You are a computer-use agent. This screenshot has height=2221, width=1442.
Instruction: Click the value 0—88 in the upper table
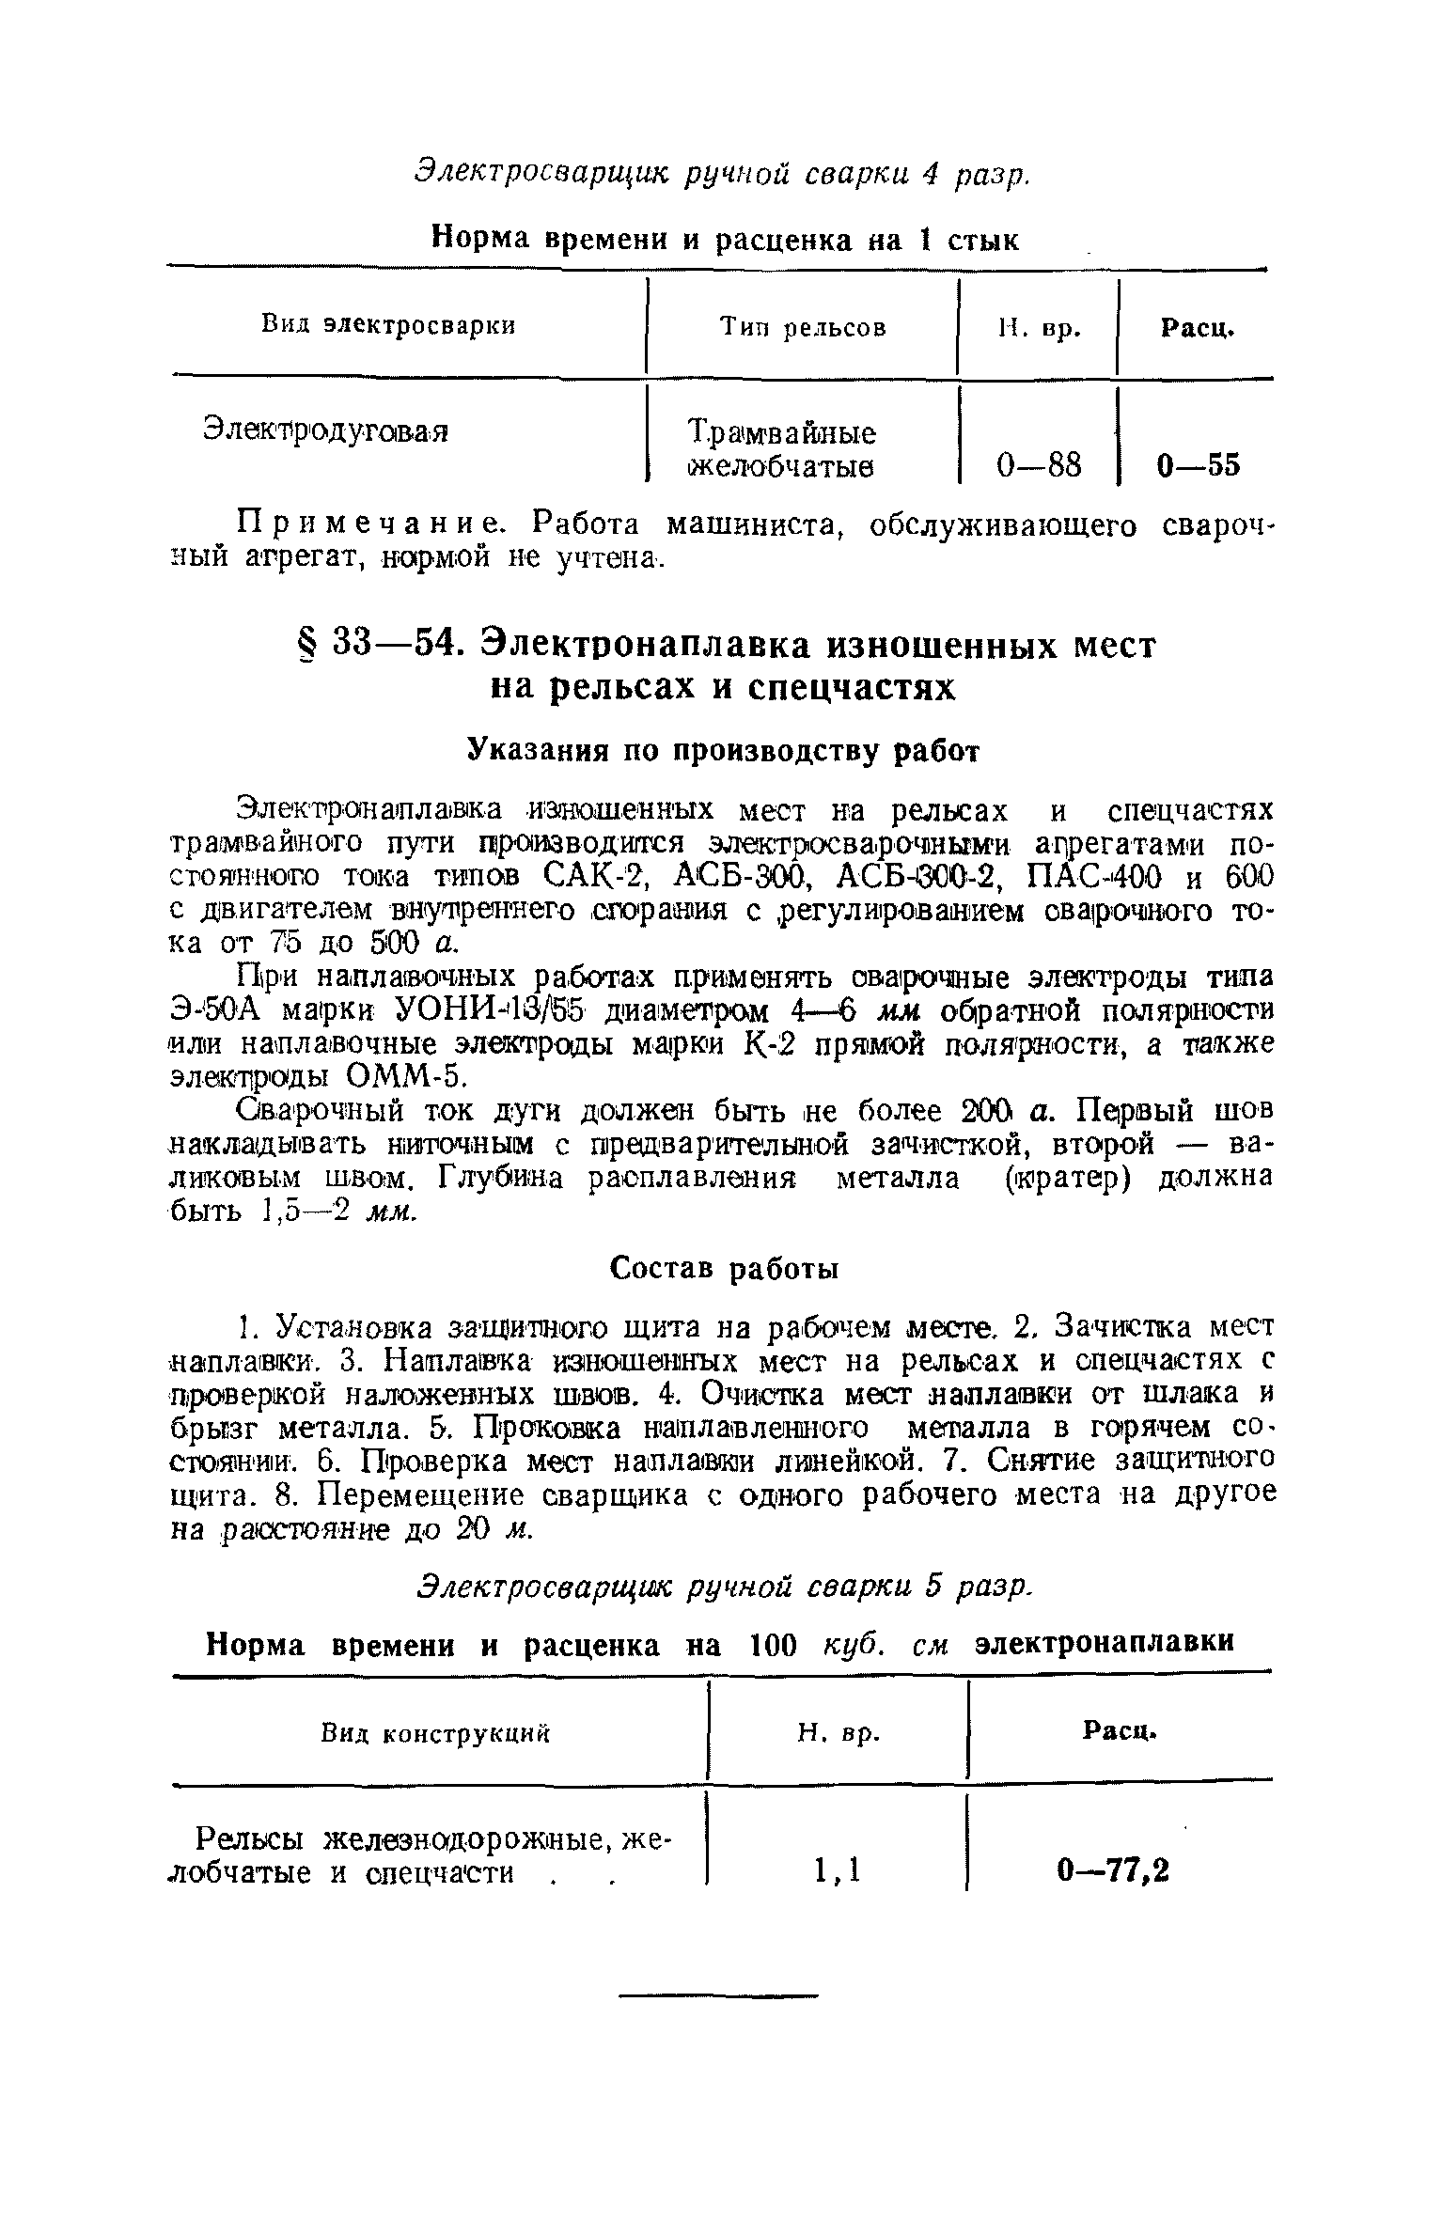click(1039, 465)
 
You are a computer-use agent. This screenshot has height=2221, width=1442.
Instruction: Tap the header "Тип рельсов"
click(803, 327)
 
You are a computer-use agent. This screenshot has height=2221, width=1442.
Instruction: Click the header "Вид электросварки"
click(387, 325)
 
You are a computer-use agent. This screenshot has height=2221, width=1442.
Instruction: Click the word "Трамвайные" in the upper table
click(782, 433)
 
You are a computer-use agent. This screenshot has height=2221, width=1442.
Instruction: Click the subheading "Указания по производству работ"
click(724, 750)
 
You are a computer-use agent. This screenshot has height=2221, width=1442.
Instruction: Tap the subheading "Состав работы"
click(724, 1269)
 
